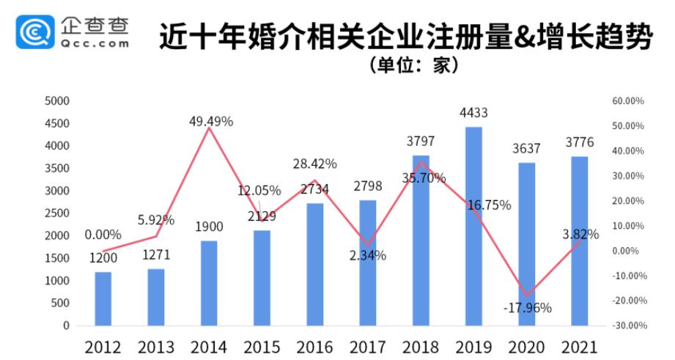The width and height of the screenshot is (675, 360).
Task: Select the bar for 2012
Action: point(103,298)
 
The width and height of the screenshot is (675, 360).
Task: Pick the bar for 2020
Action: point(526,243)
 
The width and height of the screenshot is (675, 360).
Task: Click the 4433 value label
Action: point(473,113)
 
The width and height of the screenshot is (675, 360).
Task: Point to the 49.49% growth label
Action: point(210,122)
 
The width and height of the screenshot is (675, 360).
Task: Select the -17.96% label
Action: point(527,308)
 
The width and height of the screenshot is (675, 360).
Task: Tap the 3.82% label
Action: point(580,235)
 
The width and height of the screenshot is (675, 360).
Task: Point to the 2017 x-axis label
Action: point(367,346)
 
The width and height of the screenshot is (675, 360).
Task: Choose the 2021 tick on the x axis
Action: point(579,346)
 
